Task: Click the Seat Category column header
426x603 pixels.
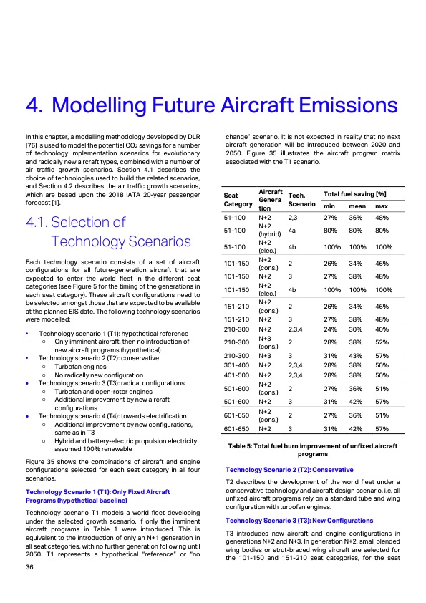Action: click(236, 199)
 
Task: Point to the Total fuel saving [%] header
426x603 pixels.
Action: click(355, 195)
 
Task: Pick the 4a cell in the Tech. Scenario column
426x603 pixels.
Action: click(292, 231)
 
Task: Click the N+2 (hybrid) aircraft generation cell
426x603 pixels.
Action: click(269, 231)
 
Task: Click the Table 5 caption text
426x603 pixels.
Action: click(312, 449)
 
